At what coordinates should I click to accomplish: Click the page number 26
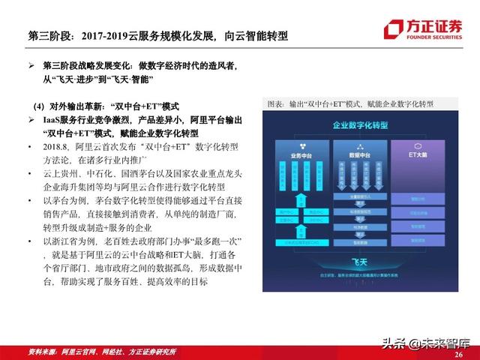point(458,352)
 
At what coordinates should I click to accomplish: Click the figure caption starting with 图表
point(349,103)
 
